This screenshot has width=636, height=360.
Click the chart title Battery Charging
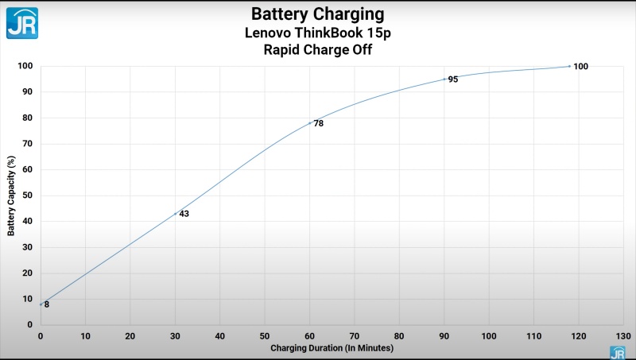tap(317, 14)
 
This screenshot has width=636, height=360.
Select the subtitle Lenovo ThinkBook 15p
tap(317, 33)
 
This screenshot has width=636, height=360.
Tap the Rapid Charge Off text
tap(317, 49)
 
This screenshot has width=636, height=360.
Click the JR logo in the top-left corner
tap(22, 22)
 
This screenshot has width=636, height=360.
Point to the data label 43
tap(184, 214)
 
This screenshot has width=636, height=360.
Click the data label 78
tap(318, 123)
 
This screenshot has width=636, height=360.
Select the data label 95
tap(452, 79)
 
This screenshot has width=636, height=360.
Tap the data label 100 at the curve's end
tap(580, 66)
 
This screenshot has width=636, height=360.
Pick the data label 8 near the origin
tap(47, 304)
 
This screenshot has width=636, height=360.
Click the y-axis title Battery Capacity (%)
tap(10, 195)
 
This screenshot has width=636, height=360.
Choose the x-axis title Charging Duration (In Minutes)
tap(332, 348)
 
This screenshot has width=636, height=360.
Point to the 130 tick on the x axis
tap(623, 336)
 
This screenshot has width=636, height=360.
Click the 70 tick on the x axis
tap(354, 336)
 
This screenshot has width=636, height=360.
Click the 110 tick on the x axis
tap(533, 336)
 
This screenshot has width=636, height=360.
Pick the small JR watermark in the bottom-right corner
tap(617, 353)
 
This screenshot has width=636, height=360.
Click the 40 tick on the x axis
tap(219, 336)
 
